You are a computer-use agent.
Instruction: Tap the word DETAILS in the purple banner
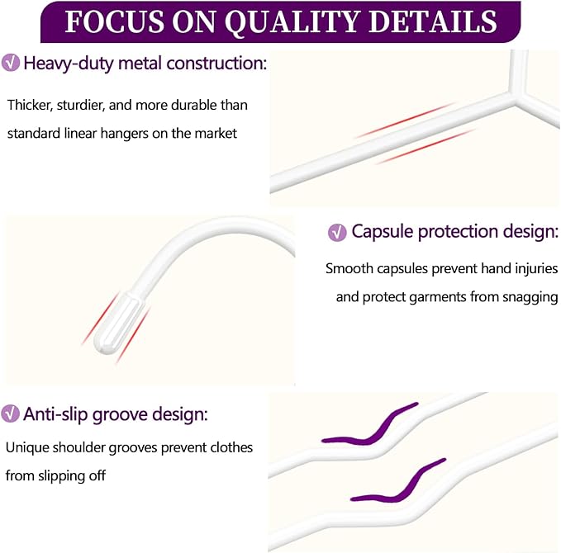tap(433, 21)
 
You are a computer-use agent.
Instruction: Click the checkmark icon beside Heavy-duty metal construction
tap(11, 63)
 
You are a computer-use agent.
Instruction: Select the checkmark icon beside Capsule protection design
tap(337, 233)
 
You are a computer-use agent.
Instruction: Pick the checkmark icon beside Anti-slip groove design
tap(10, 414)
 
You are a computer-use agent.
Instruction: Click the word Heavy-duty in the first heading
tap(69, 64)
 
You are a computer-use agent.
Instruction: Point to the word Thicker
tap(30, 106)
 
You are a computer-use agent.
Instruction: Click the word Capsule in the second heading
tap(382, 232)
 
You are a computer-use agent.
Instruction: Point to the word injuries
tap(536, 268)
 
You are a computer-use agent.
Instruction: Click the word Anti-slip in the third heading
tap(55, 414)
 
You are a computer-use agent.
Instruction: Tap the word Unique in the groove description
tap(27, 447)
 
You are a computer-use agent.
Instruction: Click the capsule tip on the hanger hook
tap(117, 323)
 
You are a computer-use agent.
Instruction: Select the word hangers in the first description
tap(124, 134)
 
